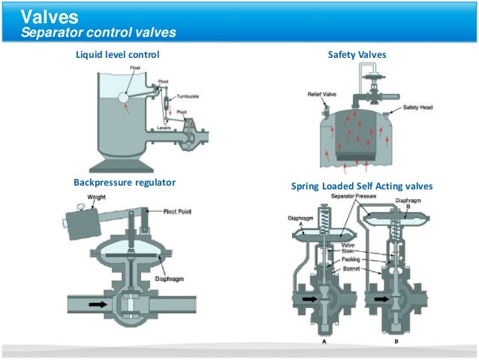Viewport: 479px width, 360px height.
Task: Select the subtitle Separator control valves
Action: (x=98, y=33)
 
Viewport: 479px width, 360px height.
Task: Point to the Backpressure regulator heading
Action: (x=125, y=183)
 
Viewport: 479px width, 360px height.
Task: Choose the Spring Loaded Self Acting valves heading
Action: (x=361, y=186)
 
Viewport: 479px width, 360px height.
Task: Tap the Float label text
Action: (x=135, y=68)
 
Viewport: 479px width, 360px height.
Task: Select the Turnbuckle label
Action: (x=188, y=97)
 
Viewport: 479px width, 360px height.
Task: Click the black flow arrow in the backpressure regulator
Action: (x=99, y=305)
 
